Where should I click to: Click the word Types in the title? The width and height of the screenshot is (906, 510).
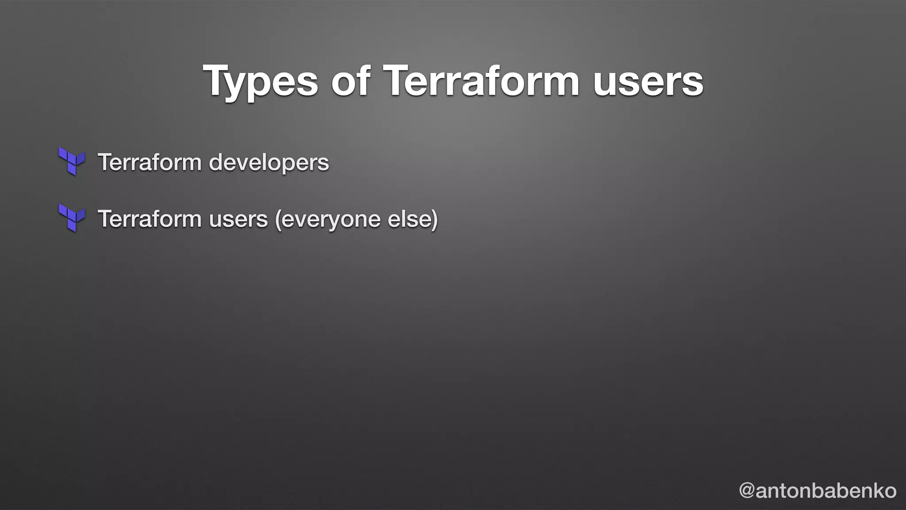(260, 81)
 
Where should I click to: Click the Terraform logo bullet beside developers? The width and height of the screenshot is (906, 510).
(72, 161)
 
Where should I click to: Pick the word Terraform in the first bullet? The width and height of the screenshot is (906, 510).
(150, 162)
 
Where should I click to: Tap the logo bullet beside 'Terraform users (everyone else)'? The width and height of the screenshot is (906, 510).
(72, 218)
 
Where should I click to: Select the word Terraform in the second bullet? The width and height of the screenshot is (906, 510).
(150, 219)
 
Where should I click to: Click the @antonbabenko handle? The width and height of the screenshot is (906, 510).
(818, 491)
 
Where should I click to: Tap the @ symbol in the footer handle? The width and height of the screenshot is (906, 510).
(747, 491)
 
